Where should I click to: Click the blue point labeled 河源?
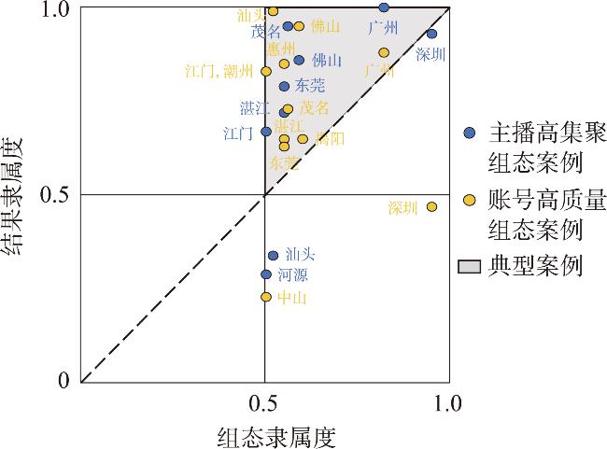point(266,274)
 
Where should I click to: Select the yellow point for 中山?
point(266,297)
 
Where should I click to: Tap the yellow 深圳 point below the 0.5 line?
point(432,206)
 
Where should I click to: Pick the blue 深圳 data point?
point(431,34)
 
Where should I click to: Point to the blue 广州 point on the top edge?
point(384,7)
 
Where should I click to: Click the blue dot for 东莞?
point(284,87)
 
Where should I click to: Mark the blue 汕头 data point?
point(273,256)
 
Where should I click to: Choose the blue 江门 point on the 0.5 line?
point(266,132)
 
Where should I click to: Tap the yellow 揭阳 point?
point(303,139)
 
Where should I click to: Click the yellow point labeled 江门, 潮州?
point(266,71)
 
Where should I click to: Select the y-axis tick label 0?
point(64,381)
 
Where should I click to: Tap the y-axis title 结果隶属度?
point(15,195)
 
